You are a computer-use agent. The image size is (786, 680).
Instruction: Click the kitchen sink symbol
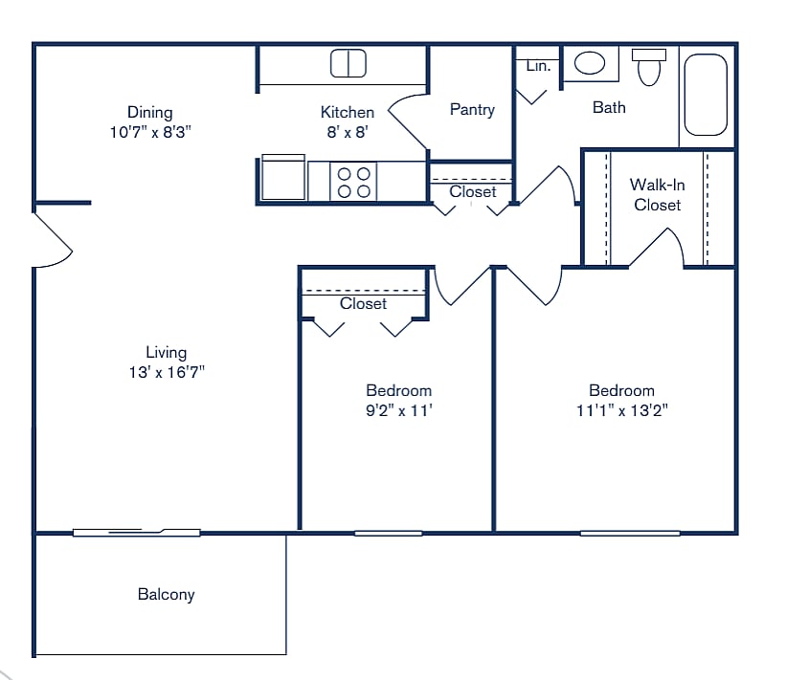348,64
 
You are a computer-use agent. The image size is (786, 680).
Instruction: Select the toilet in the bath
649,67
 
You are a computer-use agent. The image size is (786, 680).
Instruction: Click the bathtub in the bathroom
707,95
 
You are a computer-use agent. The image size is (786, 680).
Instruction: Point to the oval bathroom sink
590,63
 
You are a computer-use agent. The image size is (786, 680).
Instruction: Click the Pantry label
472,110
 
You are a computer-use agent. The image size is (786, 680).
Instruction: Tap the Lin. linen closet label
538,66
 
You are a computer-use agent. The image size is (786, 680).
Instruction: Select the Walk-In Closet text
657,194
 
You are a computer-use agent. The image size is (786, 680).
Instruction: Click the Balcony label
166,594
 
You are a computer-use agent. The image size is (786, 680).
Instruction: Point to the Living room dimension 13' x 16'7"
166,373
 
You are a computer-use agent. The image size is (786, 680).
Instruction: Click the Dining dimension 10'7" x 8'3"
150,133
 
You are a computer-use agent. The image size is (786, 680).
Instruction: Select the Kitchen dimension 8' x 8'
348,133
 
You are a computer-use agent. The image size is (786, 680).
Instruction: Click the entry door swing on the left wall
53,239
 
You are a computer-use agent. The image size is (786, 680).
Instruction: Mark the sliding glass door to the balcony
136,532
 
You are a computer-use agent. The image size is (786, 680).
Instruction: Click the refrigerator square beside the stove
282,179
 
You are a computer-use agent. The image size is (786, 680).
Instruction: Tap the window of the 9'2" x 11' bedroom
388,533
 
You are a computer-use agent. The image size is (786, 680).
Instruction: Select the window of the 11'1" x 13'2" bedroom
629,533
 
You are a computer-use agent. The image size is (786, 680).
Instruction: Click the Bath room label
609,107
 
